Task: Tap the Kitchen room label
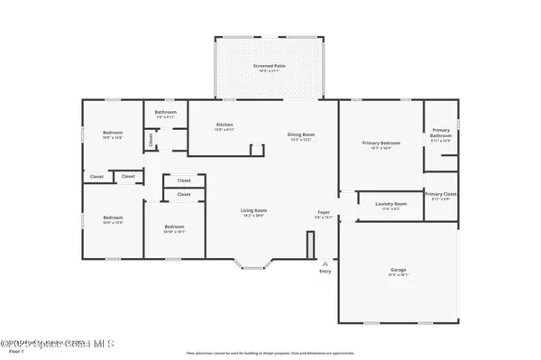(x=225, y=125)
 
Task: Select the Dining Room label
(x=300, y=134)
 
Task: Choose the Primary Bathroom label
(x=441, y=132)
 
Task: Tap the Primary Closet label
(x=441, y=194)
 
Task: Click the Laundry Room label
(x=391, y=204)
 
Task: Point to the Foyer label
(x=324, y=214)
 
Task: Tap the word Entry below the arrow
(x=325, y=272)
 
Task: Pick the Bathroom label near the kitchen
(x=165, y=112)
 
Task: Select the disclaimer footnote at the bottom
(x=270, y=352)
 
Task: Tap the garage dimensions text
(x=398, y=275)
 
